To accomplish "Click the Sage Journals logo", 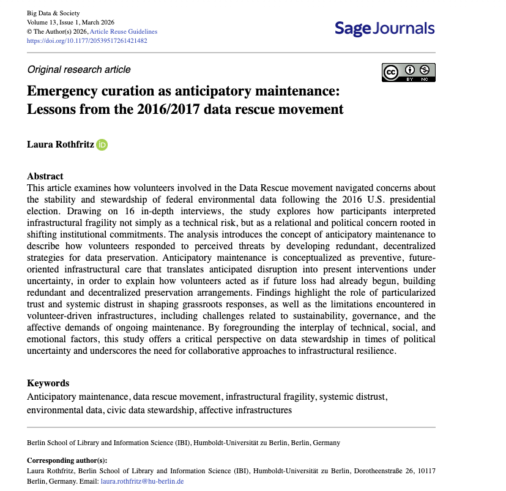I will [x=384, y=28].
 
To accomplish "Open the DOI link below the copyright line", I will [x=87, y=41].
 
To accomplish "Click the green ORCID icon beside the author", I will [x=102, y=144].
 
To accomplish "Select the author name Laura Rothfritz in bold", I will [x=59, y=144].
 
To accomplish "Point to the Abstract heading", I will [x=45, y=176].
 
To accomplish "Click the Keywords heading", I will [x=48, y=383].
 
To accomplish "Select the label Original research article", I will [x=79, y=69].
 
